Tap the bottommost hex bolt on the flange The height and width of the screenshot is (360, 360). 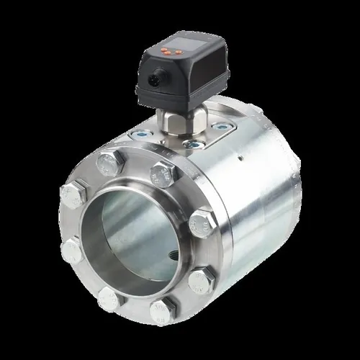coord(161,311)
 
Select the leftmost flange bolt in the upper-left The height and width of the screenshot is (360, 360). coord(73,194)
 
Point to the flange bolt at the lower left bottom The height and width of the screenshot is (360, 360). coord(108,297)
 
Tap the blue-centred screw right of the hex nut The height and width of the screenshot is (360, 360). coord(222,127)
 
